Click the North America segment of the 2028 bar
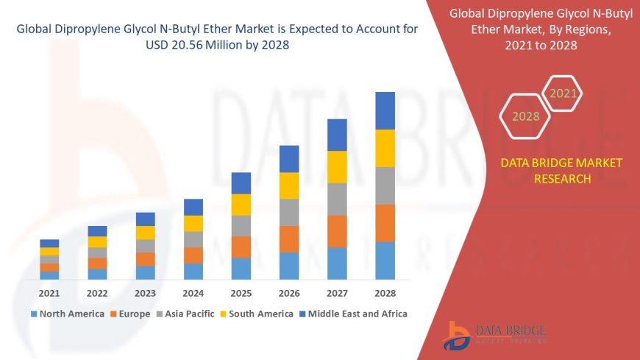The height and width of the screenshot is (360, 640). pyautogui.click(x=385, y=261)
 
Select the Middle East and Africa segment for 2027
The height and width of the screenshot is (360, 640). pyautogui.click(x=337, y=135)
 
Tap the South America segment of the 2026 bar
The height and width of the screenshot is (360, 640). pyautogui.click(x=289, y=186)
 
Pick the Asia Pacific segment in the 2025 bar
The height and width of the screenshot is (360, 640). pyautogui.click(x=241, y=225)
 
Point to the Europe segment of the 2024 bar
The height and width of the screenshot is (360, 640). pyautogui.click(x=193, y=255)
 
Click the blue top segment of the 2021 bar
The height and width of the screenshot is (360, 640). pyautogui.click(x=49, y=243)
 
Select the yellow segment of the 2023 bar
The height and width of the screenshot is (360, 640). pyautogui.click(x=146, y=233)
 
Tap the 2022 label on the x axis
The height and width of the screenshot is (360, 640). pyautogui.click(x=97, y=293)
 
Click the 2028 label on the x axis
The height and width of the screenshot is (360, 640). pyautogui.click(x=385, y=293)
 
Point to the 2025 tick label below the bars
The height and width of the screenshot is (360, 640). pyautogui.click(x=241, y=293)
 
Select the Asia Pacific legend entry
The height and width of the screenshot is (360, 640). pyautogui.click(x=180, y=314)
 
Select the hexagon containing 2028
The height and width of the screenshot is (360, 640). pyautogui.click(x=525, y=116)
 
